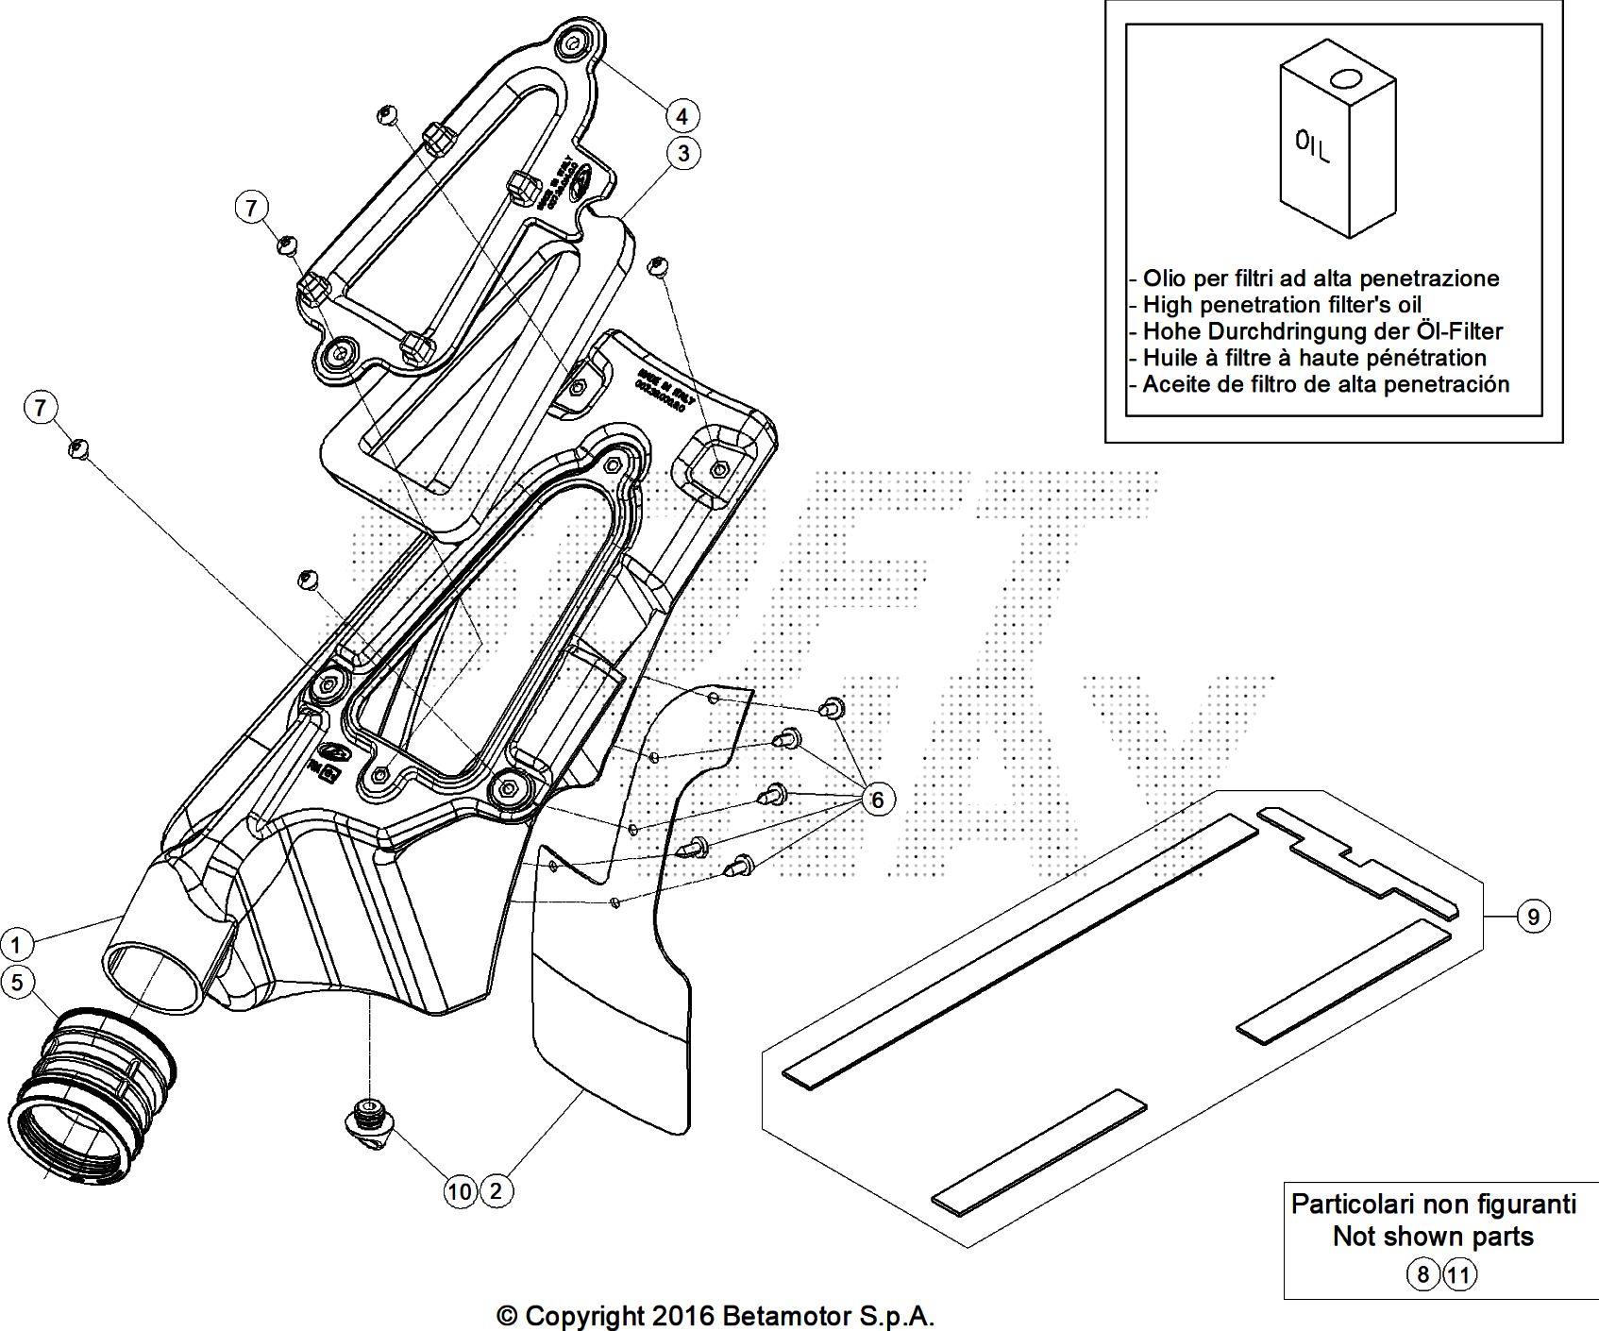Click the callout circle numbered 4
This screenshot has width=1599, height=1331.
682,116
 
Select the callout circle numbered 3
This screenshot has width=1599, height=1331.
682,152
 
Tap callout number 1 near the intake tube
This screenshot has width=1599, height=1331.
16,943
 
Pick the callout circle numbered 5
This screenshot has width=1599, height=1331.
16,983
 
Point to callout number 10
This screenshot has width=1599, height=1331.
460,1191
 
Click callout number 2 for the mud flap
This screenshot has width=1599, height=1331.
497,1191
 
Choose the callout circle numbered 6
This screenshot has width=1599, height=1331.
877,800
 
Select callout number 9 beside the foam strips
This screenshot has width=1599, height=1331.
1533,916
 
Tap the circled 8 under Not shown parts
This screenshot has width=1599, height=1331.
1422,1275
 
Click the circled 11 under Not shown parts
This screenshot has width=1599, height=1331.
1458,1275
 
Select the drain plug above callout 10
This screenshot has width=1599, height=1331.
369,1122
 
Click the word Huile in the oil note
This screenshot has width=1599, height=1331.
1170,358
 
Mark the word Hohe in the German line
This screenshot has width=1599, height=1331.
1170,331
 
